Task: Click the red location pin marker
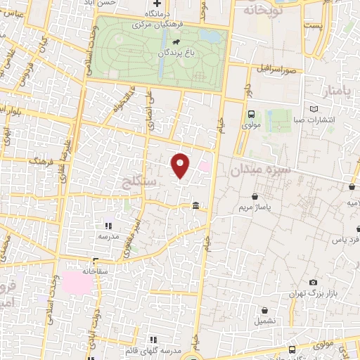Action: click(x=180, y=165)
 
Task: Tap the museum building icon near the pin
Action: click(x=195, y=205)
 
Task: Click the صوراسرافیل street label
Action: click(x=280, y=70)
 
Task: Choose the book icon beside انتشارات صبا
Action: click(x=313, y=109)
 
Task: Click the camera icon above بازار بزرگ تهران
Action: click(x=313, y=282)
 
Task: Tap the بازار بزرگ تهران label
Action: click(x=314, y=292)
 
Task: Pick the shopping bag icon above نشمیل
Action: click(x=264, y=310)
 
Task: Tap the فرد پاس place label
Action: click(x=346, y=240)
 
